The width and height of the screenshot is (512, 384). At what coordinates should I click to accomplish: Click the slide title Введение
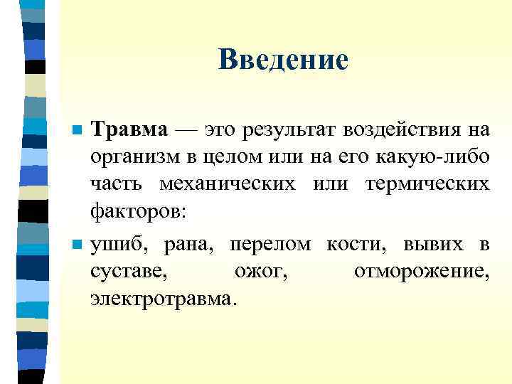pos(284,60)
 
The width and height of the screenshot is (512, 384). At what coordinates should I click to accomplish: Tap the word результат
pos(289,130)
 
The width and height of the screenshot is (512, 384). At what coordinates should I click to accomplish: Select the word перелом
pos(270,245)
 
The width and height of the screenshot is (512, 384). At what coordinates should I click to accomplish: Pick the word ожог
pos(260,272)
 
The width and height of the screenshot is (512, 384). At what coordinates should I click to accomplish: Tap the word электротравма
pos(161,299)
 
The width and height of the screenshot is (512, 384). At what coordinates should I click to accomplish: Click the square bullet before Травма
pos(77,132)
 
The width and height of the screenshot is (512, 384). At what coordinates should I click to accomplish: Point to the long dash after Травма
pos(186,131)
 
